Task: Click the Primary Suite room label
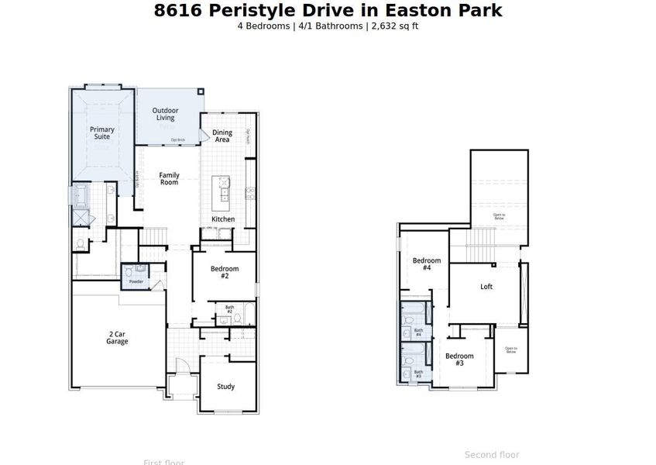coord(102,133)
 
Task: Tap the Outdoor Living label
coord(166,114)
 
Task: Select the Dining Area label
coord(222,136)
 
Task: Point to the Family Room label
coord(169,178)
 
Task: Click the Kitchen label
coord(223,219)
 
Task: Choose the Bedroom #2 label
coord(225,272)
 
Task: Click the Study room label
coord(225,387)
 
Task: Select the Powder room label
coord(136,281)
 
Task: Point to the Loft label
coord(486,287)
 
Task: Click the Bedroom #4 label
coord(427,264)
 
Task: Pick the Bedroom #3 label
coord(459,360)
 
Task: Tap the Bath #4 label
coord(418,332)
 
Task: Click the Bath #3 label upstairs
coord(418,374)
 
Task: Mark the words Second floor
coord(492,455)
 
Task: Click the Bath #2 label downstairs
coord(229,309)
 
